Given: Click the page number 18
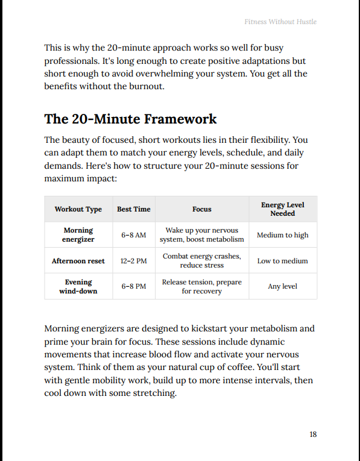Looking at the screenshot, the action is click(313, 434).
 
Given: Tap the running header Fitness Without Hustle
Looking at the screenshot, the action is click(280, 22).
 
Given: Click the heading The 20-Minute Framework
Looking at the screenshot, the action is click(130, 119).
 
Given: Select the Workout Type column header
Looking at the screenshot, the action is click(78, 209).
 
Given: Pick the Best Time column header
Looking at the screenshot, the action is click(134, 209).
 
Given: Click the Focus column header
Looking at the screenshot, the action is click(202, 209).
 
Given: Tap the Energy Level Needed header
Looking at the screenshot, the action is click(283, 209).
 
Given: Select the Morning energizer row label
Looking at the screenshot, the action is click(78, 234).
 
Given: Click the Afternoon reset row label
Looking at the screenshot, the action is click(78, 261).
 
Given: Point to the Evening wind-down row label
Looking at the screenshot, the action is click(78, 286).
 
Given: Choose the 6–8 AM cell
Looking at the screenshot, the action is click(134, 235).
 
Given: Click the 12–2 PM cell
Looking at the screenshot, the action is click(134, 261).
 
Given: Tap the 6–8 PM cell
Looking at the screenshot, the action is click(134, 286).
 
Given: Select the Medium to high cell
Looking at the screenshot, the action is click(283, 235).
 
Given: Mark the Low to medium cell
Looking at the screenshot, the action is click(283, 261).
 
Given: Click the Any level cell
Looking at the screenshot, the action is click(283, 286).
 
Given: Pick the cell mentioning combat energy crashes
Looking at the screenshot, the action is click(202, 260).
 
